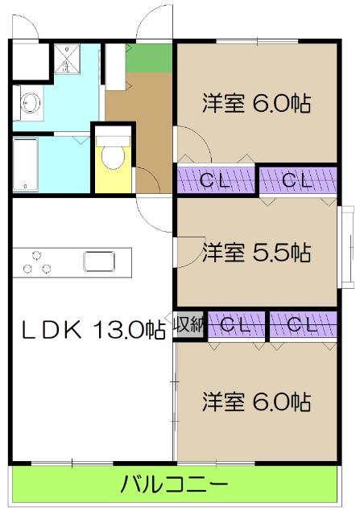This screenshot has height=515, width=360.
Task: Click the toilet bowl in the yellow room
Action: point(112,158)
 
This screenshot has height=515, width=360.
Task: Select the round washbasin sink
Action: point(31,103)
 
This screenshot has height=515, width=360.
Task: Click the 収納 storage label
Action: point(190,325)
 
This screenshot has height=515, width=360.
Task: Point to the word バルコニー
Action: point(174,485)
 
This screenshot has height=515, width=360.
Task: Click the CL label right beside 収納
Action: point(238,325)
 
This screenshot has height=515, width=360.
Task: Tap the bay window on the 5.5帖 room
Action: point(348,245)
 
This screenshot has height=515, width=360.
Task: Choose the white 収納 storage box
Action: point(190,325)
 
